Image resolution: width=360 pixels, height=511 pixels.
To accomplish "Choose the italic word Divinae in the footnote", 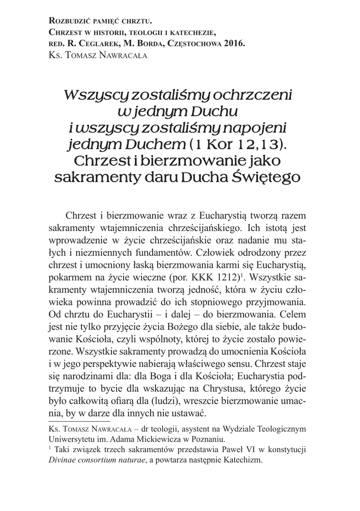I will tap(64, 460).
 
